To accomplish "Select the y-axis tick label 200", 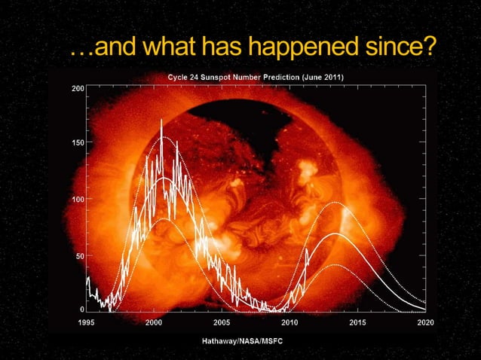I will [78, 89].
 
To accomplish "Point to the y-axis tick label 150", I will [78, 143].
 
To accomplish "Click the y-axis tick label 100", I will [78, 200].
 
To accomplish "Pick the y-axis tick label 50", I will [79, 256].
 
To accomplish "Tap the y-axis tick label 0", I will [81, 310].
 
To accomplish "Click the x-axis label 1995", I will [87, 322].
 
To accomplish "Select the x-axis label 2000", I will [154, 322].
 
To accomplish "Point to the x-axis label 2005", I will [222, 322].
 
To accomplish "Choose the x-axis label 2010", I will [290, 322].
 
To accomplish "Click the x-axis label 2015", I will [357, 322].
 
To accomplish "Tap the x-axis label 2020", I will [425, 322].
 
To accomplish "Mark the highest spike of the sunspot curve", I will [161, 121].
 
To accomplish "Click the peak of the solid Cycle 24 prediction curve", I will [336, 234].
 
